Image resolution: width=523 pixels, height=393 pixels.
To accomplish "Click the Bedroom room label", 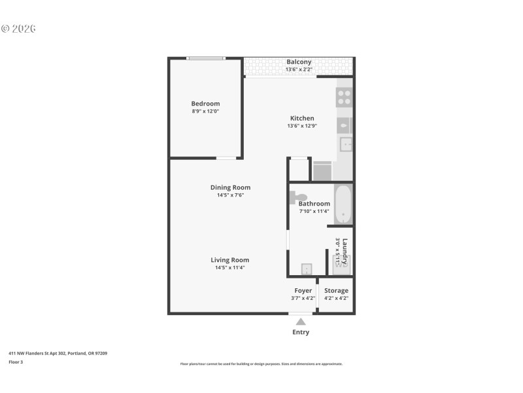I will click(x=205, y=103).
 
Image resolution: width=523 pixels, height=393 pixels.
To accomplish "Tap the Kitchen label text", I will click(x=302, y=119).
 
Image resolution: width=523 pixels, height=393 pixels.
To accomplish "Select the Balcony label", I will click(x=299, y=62).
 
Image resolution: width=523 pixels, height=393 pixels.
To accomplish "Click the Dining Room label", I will click(x=230, y=187).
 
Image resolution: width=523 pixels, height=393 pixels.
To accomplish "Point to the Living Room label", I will click(x=230, y=259).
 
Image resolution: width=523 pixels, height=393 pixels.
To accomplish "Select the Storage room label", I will click(x=336, y=290).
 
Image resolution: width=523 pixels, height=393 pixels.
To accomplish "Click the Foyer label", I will click(x=303, y=290).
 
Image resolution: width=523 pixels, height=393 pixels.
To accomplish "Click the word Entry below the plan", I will click(x=301, y=332).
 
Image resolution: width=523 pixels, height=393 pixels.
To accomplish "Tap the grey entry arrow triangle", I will click(x=301, y=322).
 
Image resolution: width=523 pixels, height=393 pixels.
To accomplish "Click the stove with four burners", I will click(x=344, y=98).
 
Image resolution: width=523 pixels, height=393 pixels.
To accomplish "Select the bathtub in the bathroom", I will click(x=343, y=204).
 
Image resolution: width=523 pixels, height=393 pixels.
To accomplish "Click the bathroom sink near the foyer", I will click(x=305, y=269).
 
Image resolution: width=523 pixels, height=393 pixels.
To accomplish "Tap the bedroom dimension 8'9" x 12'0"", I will click(x=205, y=111).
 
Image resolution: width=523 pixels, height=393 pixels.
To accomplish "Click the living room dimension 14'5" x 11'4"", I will click(x=230, y=267).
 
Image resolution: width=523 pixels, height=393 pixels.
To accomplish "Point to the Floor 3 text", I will click(x=16, y=362).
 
